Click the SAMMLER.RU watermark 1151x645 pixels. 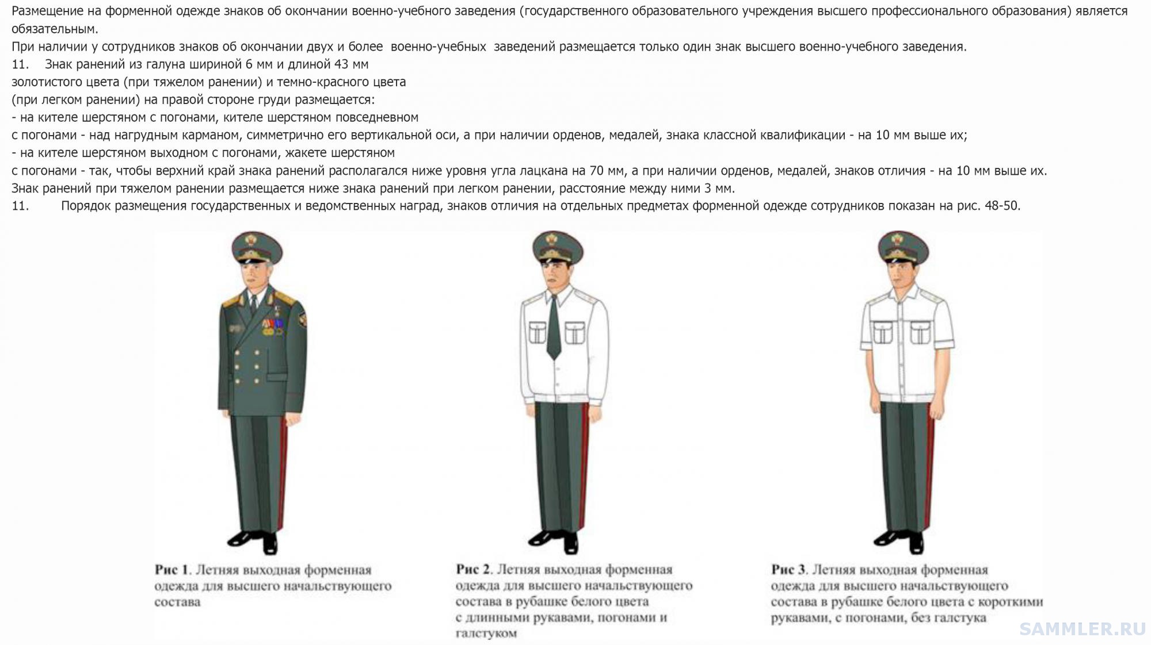(1083, 629)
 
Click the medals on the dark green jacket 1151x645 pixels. (272, 327)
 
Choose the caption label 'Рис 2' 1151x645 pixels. (473, 570)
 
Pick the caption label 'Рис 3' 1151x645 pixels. (788, 570)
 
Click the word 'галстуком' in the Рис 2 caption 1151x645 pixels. (486, 634)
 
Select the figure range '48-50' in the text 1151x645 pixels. (1002, 206)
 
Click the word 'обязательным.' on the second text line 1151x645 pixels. (55, 29)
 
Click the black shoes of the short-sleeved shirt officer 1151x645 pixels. (901, 540)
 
